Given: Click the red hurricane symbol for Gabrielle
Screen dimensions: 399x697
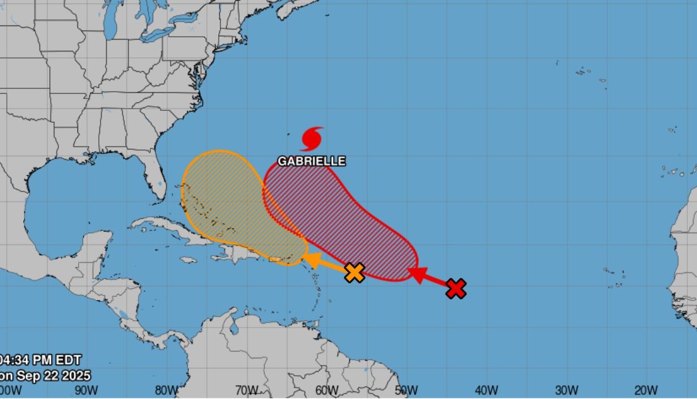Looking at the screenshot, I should click(312, 139).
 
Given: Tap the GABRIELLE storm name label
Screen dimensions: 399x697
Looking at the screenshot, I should click(311, 161).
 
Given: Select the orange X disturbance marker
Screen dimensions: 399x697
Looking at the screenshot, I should click(354, 272).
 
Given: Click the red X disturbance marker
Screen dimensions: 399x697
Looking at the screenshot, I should click(456, 289).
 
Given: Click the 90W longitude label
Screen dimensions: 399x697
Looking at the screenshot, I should click(86, 391).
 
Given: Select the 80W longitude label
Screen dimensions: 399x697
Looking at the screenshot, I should click(166, 391).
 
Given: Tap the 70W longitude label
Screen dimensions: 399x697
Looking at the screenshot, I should click(246, 391).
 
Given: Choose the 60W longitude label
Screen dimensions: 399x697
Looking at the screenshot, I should click(326, 391).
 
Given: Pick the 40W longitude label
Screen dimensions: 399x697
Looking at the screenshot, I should click(486, 391).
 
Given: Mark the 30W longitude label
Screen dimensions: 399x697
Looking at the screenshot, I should click(566, 391).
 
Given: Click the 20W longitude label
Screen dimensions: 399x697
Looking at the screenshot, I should click(646, 391).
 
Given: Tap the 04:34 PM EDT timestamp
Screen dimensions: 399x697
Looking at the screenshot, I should click(41, 360).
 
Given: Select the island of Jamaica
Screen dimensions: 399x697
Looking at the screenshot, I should click(189, 260).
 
